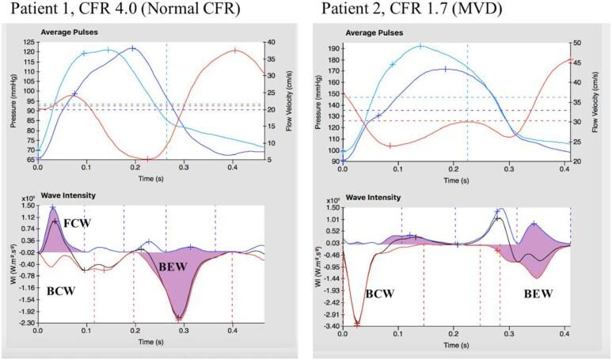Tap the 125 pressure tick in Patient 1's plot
29,42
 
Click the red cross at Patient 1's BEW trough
180,317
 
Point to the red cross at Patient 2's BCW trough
358,323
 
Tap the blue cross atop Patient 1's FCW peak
53,208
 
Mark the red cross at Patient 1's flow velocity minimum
147,159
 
